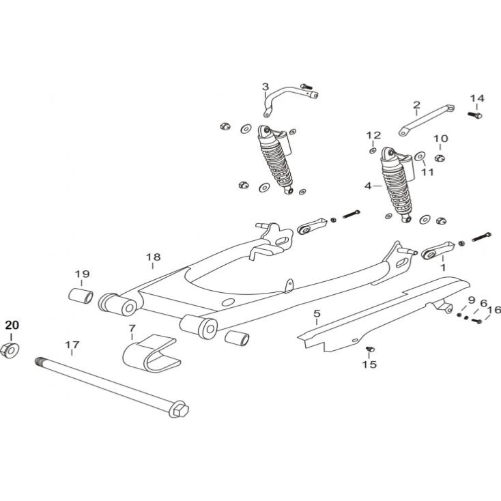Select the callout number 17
click(72, 345)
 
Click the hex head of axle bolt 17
click(179, 411)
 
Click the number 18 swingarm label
click(153, 257)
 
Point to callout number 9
click(471, 301)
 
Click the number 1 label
click(442, 268)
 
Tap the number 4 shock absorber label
click(368, 186)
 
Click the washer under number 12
click(373, 150)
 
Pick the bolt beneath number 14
click(476, 115)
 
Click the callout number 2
click(416, 105)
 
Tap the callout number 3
click(266, 87)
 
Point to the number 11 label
click(427, 172)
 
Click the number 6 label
click(483, 303)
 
